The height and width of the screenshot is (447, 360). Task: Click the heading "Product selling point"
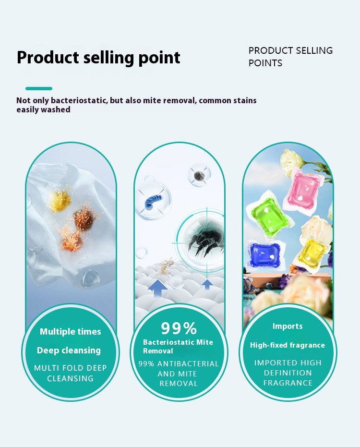98,58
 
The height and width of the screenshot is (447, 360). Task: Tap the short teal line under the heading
39,88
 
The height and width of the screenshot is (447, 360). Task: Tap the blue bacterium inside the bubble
153,198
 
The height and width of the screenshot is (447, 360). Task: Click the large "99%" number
179,328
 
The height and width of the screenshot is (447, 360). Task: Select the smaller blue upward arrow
207,284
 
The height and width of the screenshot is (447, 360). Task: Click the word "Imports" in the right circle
288,326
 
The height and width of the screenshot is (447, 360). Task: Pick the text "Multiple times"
71,332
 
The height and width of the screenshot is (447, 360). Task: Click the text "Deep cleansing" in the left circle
69,350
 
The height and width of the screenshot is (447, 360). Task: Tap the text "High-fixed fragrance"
287,345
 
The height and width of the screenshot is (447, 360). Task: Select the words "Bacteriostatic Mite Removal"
178,346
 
